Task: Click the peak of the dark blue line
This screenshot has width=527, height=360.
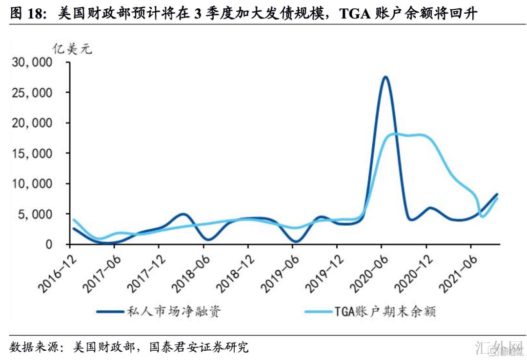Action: tap(385, 77)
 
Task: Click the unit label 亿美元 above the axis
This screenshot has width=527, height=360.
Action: tap(72, 49)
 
